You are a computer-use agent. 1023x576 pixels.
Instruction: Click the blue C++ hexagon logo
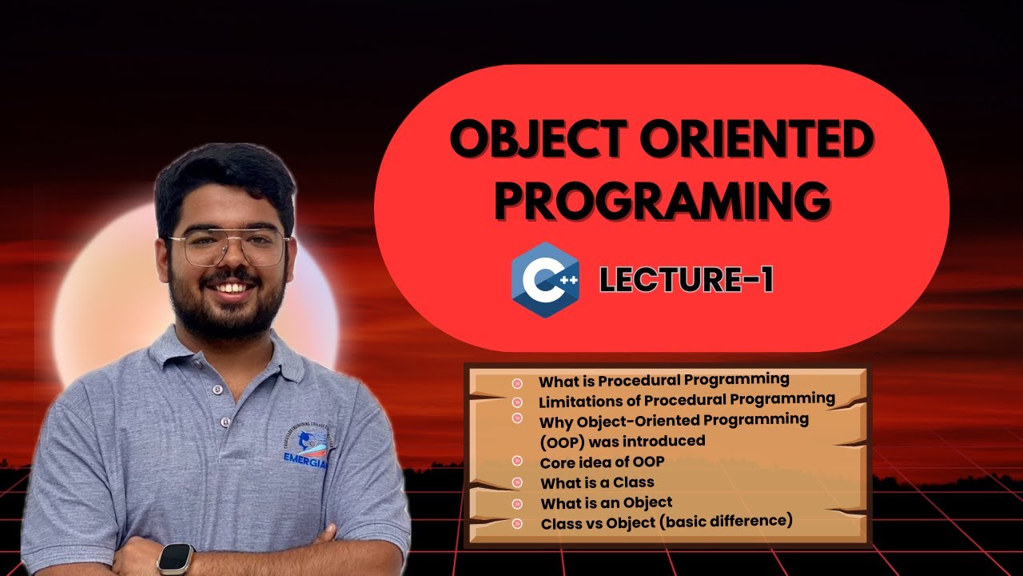point(546,280)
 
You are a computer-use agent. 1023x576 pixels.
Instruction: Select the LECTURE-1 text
point(686,281)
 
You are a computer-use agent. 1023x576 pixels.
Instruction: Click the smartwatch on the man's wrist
point(176,558)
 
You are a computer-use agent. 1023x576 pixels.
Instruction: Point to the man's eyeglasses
point(227,247)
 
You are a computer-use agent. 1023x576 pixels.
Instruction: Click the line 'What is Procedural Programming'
point(663,380)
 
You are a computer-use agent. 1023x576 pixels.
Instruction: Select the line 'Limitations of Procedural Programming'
point(687,399)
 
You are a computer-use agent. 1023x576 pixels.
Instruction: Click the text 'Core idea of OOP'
point(602,462)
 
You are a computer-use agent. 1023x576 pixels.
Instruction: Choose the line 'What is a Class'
point(597,482)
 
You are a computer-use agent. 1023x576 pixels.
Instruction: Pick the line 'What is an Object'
point(606,503)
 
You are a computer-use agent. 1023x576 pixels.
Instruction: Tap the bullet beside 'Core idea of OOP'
point(517,462)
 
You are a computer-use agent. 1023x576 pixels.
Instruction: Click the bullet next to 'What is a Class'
point(517,482)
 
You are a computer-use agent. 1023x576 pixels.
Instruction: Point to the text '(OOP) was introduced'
point(622,441)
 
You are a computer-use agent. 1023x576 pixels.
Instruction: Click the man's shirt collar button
point(215,390)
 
